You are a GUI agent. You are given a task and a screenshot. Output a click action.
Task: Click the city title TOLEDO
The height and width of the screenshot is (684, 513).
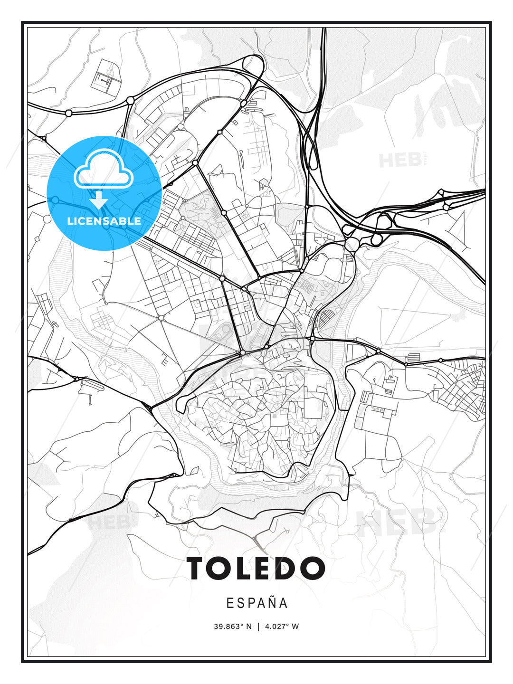tap(256, 568)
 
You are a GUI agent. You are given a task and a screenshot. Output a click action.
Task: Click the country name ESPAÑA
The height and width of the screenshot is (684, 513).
tap(256, 603)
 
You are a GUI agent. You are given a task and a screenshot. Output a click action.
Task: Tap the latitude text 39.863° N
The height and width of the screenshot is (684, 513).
tap(233, 627)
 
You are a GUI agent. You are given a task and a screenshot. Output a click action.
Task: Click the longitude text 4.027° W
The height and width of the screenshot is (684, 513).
tap(282, 627)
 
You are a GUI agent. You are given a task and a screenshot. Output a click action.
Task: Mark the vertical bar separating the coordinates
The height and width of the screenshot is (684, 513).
tap(258, 627)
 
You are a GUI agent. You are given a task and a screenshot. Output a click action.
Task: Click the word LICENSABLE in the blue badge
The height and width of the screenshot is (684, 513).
tap(104, 221)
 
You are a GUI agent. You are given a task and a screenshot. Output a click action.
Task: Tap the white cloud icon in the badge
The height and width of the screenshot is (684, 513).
tap(103, 170)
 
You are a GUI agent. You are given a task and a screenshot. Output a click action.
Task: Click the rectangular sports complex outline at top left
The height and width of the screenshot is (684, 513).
tap(105, 76)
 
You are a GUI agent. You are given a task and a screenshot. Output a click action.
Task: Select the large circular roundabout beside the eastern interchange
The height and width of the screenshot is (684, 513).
tap(352, 245)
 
